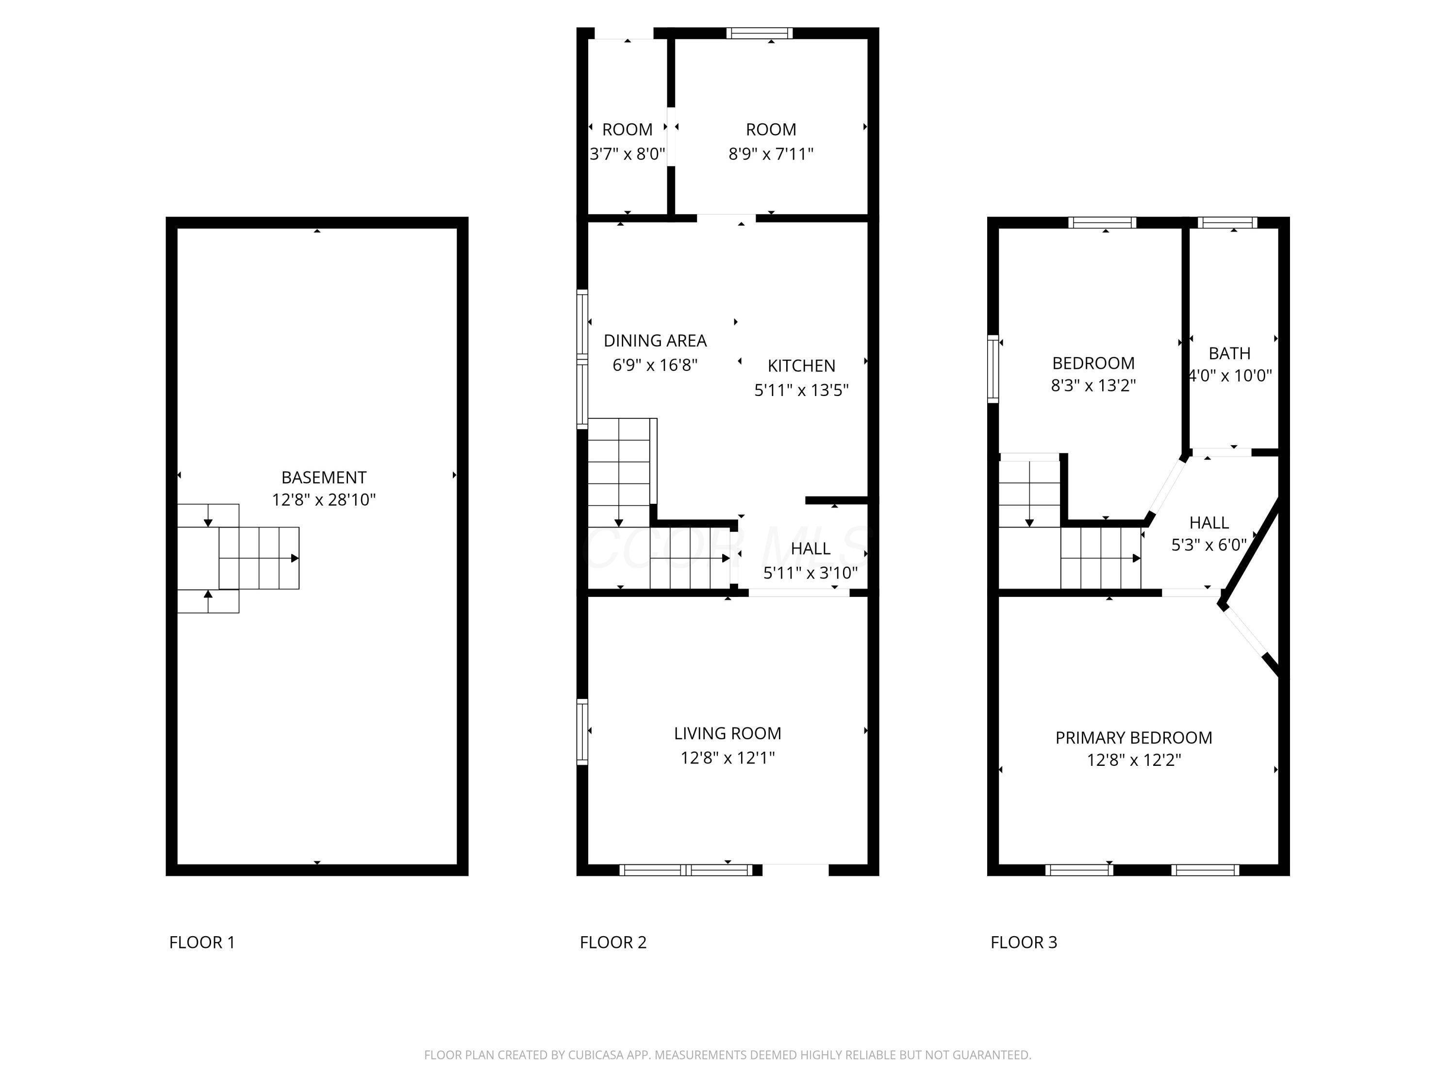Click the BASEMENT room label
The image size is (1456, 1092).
coord(324,477)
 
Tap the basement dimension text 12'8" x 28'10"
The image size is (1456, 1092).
coord(324,499)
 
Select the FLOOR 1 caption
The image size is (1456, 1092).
coord(202,943)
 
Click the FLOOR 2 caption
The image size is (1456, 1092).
coord(613,943)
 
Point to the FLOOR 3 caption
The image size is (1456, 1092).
coord(1024,943)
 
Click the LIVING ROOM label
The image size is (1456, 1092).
coord(728,733)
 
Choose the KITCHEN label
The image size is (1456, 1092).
coord(801,366)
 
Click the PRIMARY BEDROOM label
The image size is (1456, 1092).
coord(1133,738)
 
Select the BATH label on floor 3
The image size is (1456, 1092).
coord(1229,353)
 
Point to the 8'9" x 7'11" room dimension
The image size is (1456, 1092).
coord(771,154)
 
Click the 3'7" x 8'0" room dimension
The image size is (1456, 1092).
coord(627,154)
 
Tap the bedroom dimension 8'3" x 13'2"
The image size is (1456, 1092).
coord(1093,385)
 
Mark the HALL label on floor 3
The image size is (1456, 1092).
coord(1209,523)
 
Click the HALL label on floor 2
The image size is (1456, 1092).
coord(811,548)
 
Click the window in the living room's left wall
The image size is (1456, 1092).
coord(582,732)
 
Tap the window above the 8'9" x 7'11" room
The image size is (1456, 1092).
coord(760,33)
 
